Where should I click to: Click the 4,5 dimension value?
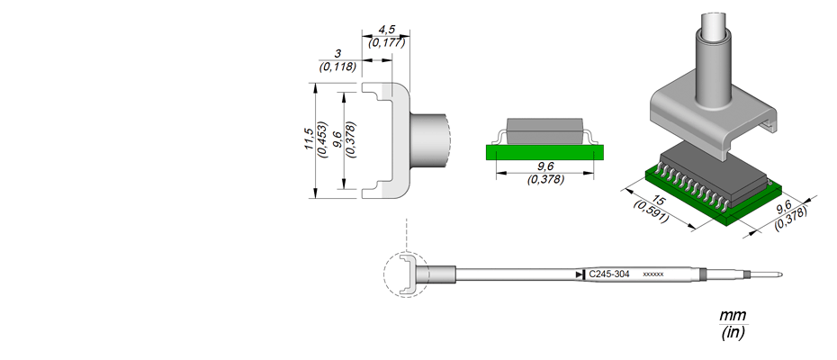(386, 30)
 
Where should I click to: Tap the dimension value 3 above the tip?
(337, 54)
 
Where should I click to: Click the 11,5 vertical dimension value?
(309, 139)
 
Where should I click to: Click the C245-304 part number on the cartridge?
(609, 274)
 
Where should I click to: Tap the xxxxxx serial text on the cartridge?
(653, 274)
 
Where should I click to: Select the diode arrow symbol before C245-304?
(580, 274)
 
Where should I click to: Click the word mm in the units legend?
(733, 315)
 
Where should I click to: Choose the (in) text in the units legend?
(733, 333)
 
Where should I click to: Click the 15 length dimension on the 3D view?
(659, 202)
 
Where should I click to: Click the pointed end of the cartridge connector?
(782, 274)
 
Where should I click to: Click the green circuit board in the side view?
(545, 152)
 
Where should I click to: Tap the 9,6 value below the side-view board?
(545, 167)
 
